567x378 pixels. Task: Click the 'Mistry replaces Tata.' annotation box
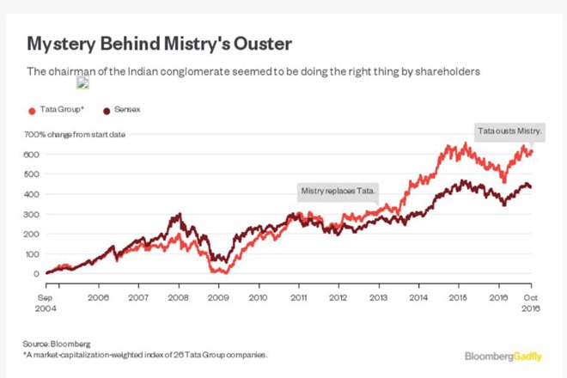[x=338, y=190]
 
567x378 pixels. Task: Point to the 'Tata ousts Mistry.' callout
[x=510, y=131]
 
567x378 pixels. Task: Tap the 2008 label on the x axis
[x=179, y=296]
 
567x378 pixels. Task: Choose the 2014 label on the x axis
[x=419, y=296]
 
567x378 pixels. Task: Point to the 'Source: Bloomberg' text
[x=57, y=343]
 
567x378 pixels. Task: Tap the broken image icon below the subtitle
[x=82, y=83]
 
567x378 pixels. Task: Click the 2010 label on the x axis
[x=259, y=296]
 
